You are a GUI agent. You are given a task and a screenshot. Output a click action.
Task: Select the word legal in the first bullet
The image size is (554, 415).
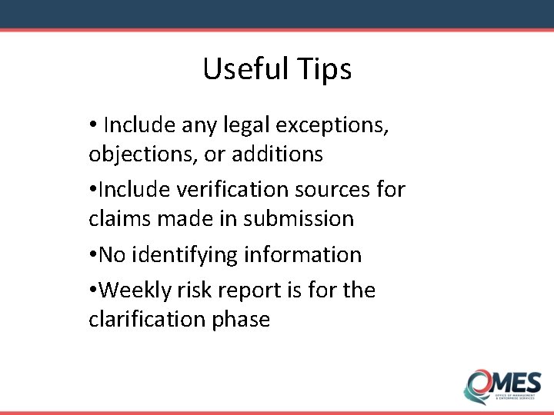pos(249,124)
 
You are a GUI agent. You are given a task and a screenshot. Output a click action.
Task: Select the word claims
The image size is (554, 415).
pos(118,218)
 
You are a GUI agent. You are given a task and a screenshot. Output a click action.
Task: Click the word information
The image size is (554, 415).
pos(312,254)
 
